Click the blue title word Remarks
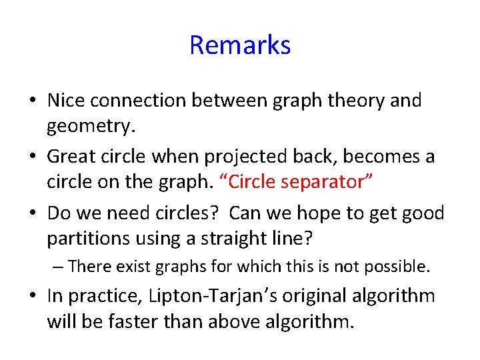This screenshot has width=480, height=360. coord(240,45)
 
